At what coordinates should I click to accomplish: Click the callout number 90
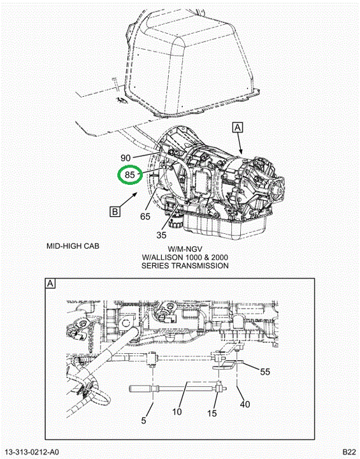click(126, 158)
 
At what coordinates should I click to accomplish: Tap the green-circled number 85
click(130, 175)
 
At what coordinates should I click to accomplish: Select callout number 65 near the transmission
click(145, 217)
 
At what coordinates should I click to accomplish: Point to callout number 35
click(161, 235)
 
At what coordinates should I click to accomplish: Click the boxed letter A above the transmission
click(238, 127)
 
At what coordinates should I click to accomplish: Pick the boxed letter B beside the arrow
click(115, 212)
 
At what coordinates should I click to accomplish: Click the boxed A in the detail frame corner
click(50, 283)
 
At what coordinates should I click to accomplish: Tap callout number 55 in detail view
click(265, 372)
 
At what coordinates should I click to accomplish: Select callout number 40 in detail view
click(245, 404)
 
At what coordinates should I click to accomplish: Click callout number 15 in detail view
click(212, 413)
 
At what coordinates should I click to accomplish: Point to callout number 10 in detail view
click(177, 412)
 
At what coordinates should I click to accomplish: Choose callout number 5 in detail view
click(143, 420)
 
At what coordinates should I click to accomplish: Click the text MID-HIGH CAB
click(73, 246)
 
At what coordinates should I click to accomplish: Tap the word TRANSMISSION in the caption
click(200, 266)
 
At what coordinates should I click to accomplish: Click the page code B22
click(349, 452)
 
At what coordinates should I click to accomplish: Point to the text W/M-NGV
click(185, 249)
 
